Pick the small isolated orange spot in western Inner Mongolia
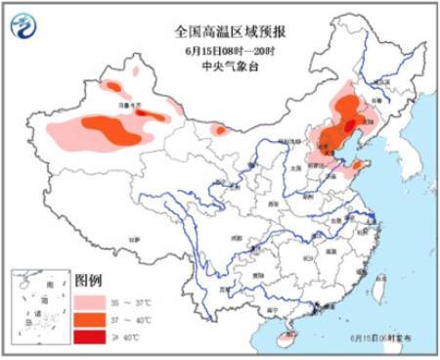[220, 129]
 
